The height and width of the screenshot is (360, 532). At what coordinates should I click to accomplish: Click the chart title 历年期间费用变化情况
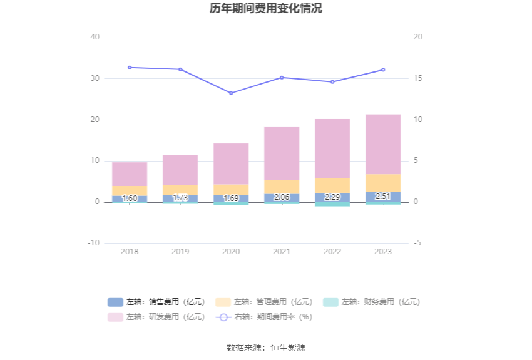pos(266,9)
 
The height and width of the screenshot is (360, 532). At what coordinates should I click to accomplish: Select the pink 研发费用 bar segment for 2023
pos(383,144)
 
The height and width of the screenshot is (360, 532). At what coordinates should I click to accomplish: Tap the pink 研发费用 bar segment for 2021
pos(282,153)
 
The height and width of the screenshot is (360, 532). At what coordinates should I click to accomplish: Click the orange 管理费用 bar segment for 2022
pos(332,185)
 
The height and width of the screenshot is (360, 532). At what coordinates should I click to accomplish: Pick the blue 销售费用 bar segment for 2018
pos(130,199)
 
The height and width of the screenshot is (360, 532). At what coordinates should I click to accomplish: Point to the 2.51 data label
pos(383,197)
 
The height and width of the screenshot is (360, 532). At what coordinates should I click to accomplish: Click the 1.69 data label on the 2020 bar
pos(231,198)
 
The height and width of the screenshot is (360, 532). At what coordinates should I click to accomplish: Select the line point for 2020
pos(231,93)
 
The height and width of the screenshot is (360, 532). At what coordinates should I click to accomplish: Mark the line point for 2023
pos(383,69)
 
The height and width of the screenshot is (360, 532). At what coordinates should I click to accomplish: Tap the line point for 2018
pos(130,67)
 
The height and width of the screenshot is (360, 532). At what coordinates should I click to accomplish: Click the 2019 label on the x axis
pos(180,251)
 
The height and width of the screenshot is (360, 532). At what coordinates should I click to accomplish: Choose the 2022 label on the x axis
pos(332,251)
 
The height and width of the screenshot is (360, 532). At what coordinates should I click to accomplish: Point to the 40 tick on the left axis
pos(95,38)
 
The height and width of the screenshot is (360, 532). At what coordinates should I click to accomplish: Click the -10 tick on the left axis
pos(93,243)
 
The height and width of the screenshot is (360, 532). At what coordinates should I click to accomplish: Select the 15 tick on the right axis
pos(418,78)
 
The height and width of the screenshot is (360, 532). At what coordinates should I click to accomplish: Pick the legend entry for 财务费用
pos(371,302)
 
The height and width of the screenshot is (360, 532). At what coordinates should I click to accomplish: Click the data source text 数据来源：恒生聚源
pos(266,347)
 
